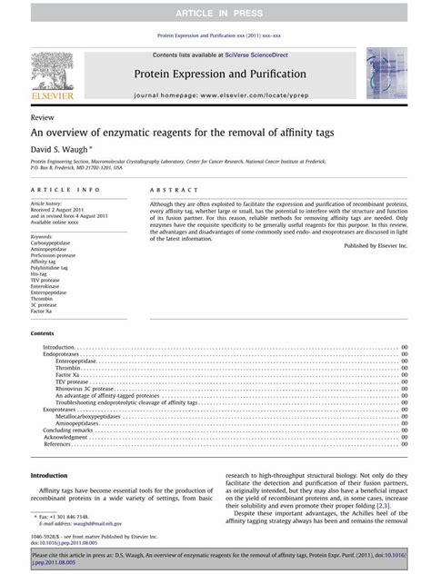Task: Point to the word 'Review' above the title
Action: click(x=42, y=118)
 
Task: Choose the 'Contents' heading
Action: click(x=43, y=334)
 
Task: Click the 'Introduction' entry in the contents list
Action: click(x=59, y=348)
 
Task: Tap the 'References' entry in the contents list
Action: click(x=57, y=444)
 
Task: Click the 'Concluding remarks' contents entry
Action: click(x=67, y=430)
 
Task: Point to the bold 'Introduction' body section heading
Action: click(x=49, y=476)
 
